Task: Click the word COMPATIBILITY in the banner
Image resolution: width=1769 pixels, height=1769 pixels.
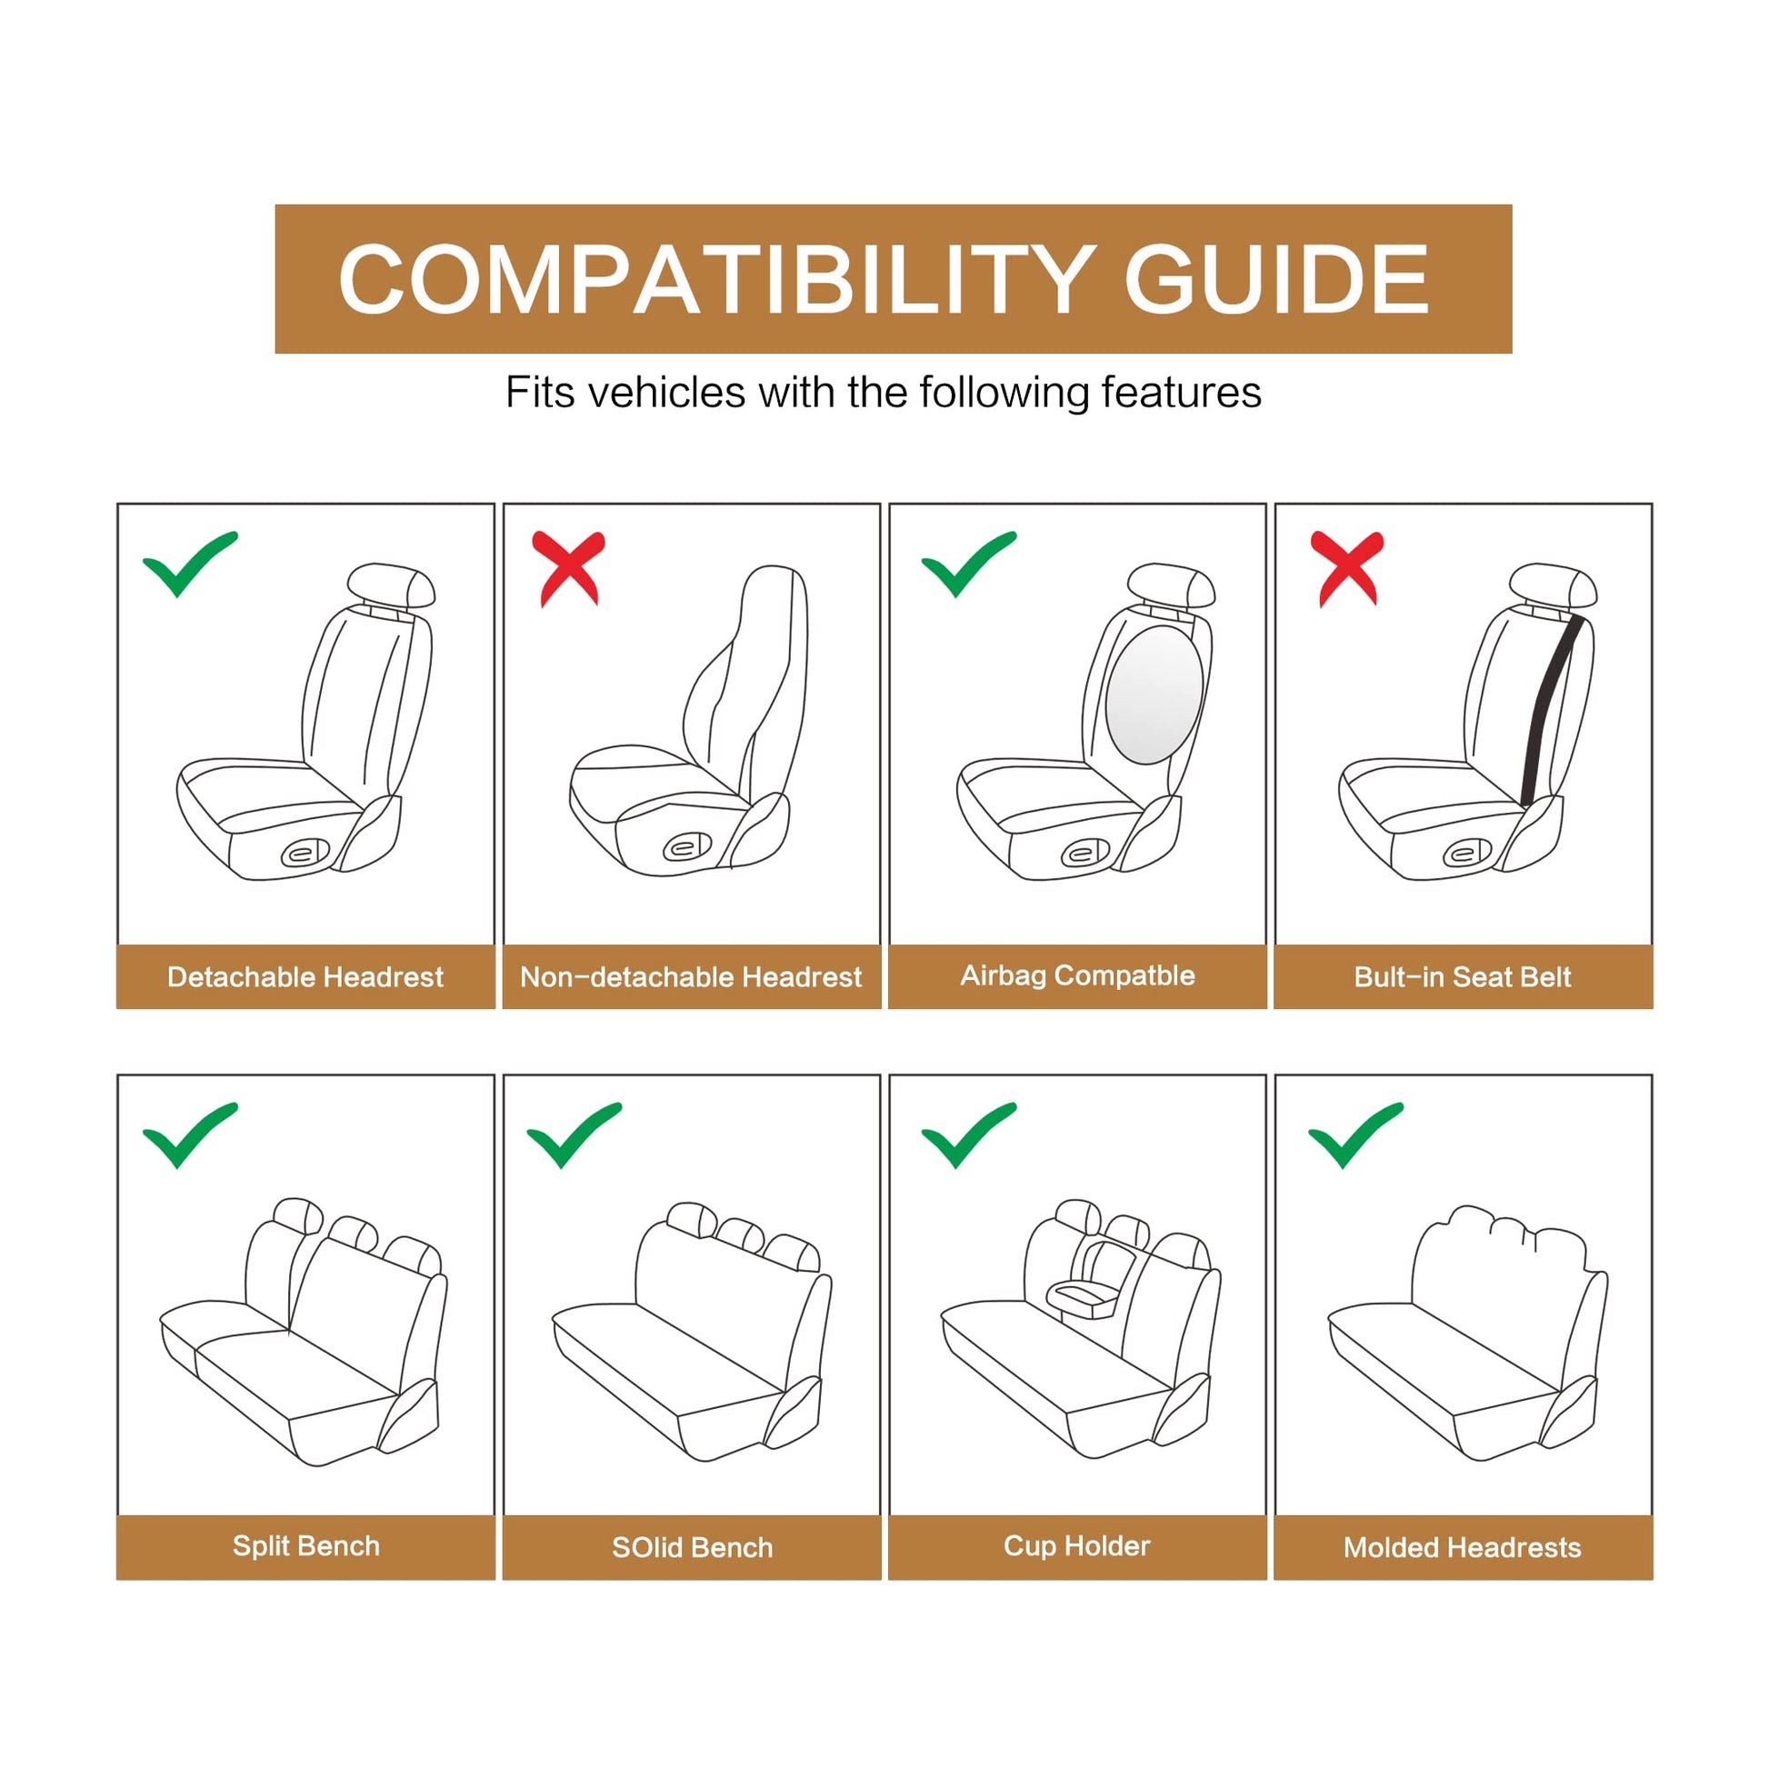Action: (x=715, y=279)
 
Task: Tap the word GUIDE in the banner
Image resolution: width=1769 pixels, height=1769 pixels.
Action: (x=1277, y=279)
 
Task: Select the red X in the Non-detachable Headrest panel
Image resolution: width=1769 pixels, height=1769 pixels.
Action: (x=569, y=567)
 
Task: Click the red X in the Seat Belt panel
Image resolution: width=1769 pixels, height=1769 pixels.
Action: (x=1347, y=567)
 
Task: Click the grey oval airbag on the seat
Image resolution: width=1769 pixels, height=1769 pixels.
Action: (x=1154, y=695)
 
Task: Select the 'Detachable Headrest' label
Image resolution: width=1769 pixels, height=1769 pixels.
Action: (x=305, y=977)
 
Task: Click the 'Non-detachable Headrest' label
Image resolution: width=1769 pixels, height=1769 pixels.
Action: (x=691, y=977)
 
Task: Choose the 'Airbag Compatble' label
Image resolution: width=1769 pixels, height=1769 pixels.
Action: (x=1078, y=976)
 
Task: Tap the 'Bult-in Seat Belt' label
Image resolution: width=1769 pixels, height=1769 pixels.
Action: (x=1463, y=977)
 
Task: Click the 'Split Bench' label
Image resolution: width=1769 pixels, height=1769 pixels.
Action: (x=305, y=1545)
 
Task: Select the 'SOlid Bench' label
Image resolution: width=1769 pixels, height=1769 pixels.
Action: (x=692, y=1547)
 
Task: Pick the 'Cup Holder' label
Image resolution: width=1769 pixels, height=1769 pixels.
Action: (x=1077, y=1545)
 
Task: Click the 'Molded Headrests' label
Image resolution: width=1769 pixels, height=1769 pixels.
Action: (x=1463, y=1547)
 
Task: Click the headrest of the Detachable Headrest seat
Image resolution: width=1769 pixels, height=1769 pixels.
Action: (x=391, y=585)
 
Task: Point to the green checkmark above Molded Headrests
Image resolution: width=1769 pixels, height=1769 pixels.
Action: (x=1355, y=1135)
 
